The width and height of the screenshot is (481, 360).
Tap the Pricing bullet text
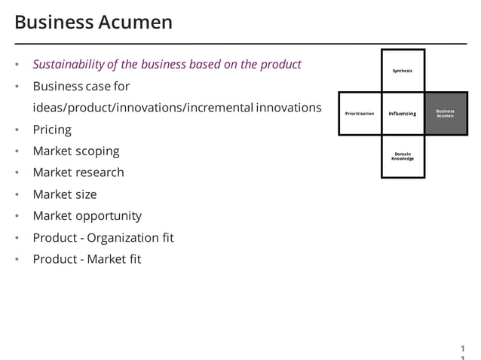[52, 130]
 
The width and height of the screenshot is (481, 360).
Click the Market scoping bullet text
[75, 151]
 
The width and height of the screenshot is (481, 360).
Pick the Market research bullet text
[78, 172]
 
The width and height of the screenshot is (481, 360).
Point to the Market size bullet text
[64, 194]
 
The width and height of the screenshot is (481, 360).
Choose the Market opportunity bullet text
[87, 216]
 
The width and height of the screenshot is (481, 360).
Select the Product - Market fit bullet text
[87, 260]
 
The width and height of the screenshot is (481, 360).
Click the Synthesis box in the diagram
[403, 71]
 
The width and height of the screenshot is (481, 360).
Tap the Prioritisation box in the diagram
[360, 114]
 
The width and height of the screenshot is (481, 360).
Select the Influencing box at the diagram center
[403, 114]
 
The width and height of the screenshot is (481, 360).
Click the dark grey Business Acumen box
[446, 114]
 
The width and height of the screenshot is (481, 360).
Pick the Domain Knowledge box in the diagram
[403, 157]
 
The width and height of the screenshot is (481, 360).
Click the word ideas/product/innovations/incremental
[142, 108]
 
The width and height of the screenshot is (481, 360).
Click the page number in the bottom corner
[463, 350]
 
